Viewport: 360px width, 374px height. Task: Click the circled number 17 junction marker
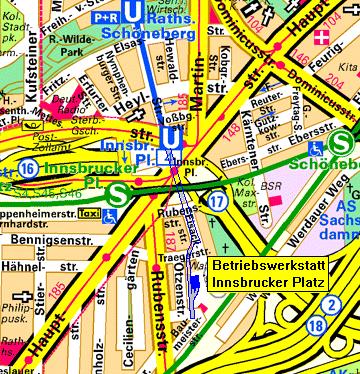(x=218, y=202)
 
